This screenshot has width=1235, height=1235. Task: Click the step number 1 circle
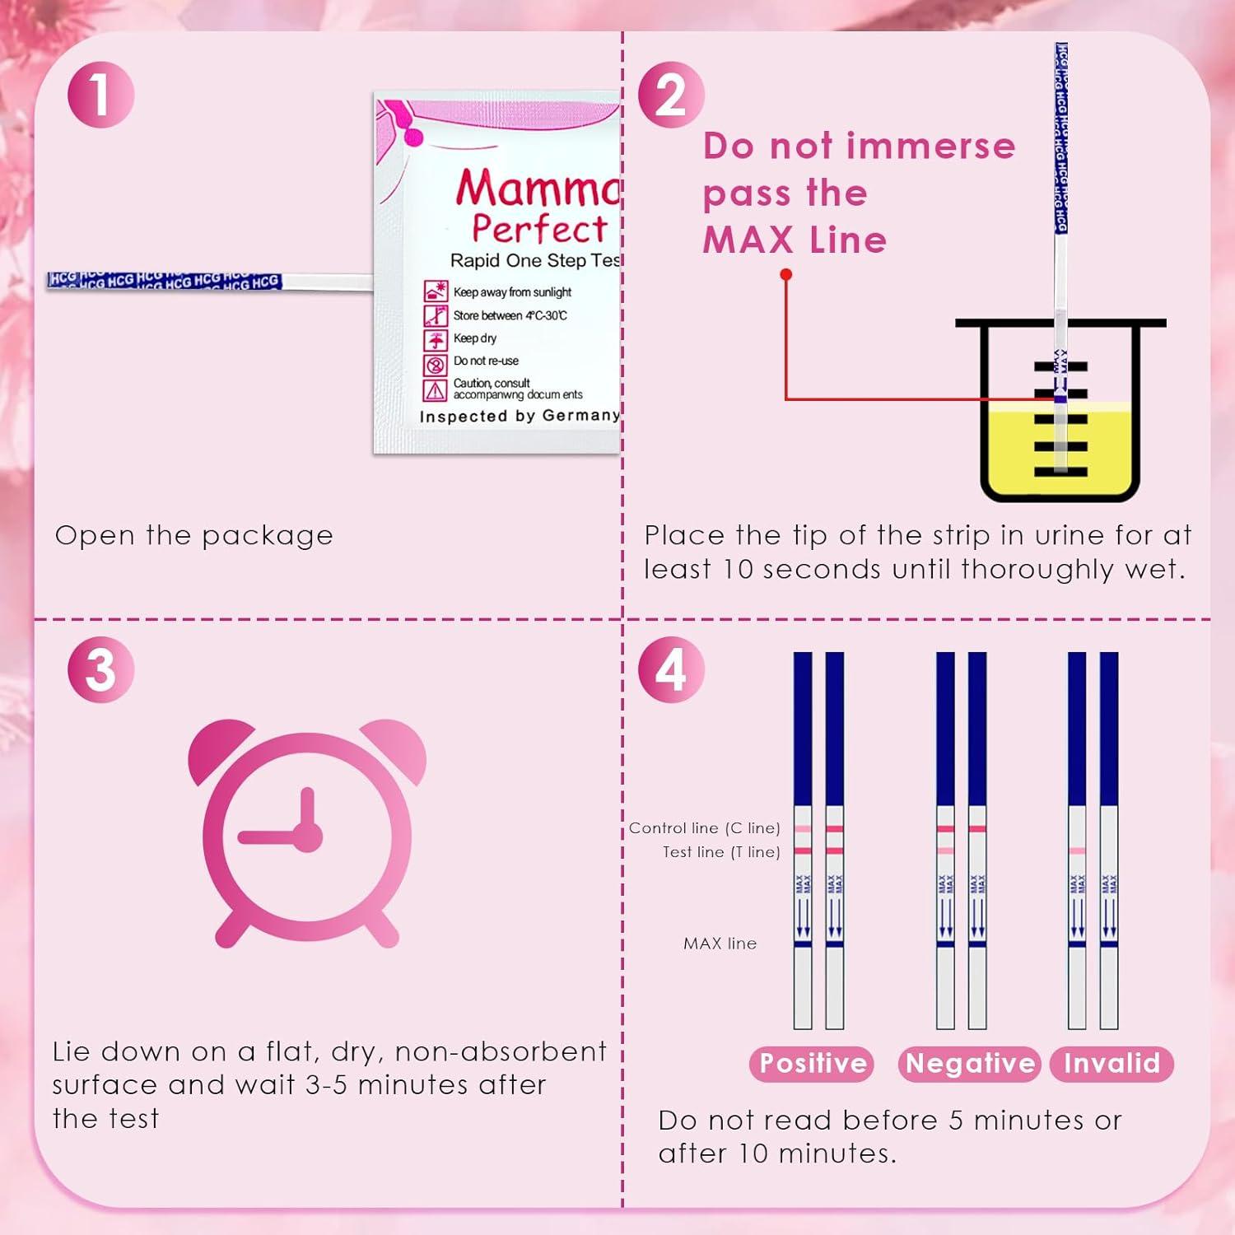click(x=100, y=94)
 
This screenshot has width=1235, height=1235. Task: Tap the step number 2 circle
click(x=671, y=94)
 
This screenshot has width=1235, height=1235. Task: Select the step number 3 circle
click(x=100, y=669)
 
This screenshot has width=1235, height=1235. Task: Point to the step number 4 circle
click(x=671, y=669)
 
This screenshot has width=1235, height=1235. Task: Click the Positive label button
click(x=812, y=1063)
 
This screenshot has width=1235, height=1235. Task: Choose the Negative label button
click(x=970, y=1063)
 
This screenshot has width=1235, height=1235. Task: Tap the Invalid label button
click(x=1111, y=1063)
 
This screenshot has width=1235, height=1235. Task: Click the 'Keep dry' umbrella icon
click(x=436, y=339)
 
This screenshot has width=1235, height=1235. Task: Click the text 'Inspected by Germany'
click(x=520, y=416)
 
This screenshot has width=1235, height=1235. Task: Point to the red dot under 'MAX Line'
click(x=786, y=274)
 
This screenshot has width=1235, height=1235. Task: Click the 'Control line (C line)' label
click(x=704, y=828)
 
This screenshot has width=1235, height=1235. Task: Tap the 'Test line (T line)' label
click(x=721, y=852)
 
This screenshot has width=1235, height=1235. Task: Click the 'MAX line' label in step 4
click(x=720, y=944)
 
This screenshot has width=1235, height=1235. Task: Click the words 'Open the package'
click(x=194, y=535)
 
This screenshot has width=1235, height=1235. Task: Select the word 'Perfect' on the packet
click(x=539, y=228)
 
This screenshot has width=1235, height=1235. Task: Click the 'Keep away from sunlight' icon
click(x=436, y=291)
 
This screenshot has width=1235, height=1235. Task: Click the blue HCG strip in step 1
click(x=165, y=281)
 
